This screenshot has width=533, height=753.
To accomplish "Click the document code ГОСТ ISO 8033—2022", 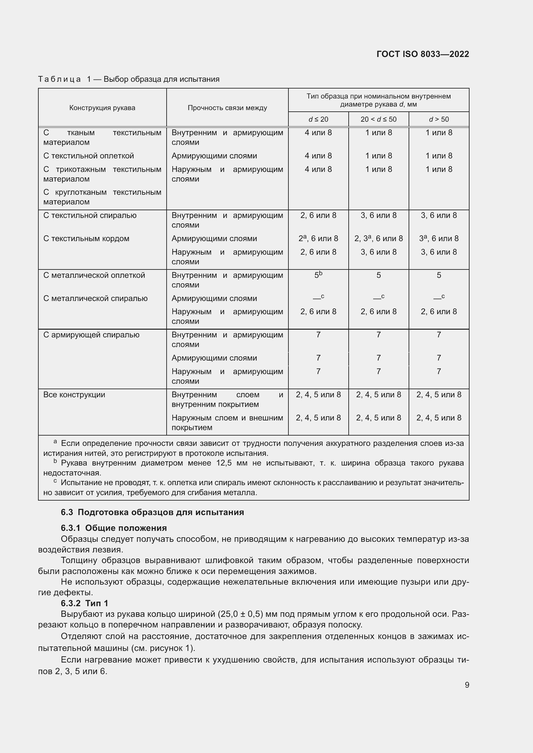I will point(423,54).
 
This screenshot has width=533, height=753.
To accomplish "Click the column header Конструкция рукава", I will point(102,108).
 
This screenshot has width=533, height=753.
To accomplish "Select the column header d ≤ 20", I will point(318,119).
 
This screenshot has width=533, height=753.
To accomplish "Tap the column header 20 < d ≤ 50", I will point(378,119).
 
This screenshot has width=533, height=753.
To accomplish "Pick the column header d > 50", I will point(439,119).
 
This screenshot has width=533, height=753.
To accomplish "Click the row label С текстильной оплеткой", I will point(89,156).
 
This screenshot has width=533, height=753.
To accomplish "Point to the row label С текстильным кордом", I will point(86,239).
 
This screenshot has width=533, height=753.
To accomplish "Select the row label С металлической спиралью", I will point(95,298).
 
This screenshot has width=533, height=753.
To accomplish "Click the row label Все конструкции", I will point(74,395).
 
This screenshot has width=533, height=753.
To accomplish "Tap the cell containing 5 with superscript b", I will point(318,275).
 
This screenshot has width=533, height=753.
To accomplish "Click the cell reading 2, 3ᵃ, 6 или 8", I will point(378,239).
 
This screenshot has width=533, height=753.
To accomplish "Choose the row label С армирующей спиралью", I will point(91,335).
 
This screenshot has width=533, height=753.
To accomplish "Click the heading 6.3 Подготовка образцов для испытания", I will point(152,512).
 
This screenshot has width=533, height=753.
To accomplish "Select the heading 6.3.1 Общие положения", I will point(113,528).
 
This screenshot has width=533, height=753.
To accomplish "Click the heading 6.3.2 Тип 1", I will point(84,603).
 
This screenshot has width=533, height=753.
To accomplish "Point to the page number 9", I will point(467,685).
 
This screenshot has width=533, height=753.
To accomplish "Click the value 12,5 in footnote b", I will point(224,463).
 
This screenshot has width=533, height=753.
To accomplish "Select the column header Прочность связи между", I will point(227,108).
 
